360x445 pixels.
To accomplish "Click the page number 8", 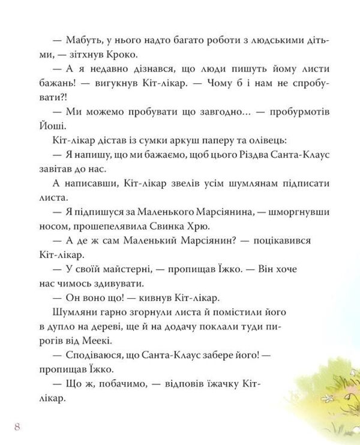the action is [17, 426].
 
